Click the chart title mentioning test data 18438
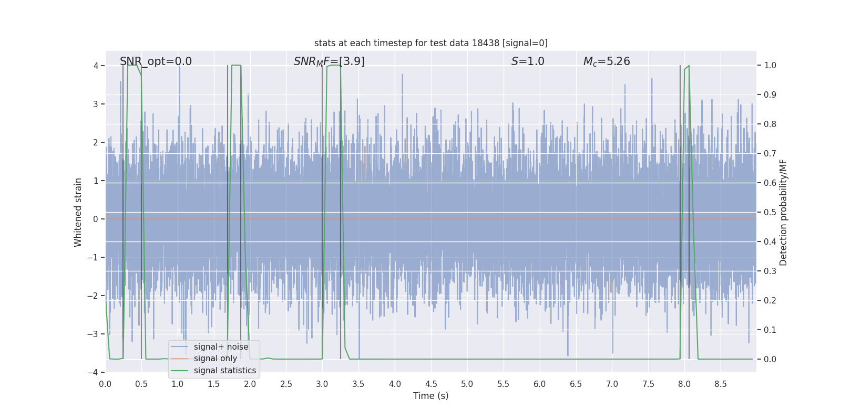tap(430, 43)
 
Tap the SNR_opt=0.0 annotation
tap(156, 61)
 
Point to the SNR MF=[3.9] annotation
tap(329, 61)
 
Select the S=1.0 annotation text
tap(528, 61)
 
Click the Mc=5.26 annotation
tap(607, 61)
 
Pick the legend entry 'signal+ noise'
tap(221, 347)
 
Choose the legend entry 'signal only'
tap(216, 359)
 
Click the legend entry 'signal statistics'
tap(225, 371)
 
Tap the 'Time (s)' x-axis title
tap(430, 396)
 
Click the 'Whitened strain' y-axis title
tap(78, 212)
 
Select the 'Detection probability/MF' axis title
tap(783, 212)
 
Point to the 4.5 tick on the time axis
tap(431, 384)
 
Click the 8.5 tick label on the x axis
tap(720, 384)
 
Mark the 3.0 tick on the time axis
tap(322, 384)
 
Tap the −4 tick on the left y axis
tap(93, 372)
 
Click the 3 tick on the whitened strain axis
tap(96, 104)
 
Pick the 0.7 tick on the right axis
tap(770, 153)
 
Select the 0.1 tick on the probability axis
tap(770, 330)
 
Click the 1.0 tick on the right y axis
tap(770, 66)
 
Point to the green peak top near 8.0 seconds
tap(688, 66)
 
